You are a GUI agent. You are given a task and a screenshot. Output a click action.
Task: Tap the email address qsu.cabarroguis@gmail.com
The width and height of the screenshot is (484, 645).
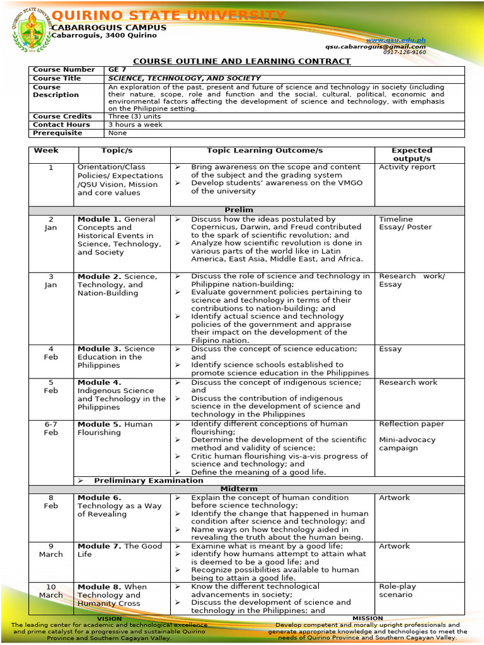[x=376, y=47]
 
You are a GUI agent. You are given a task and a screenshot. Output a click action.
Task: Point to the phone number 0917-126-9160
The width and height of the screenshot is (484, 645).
[x=404, y=52]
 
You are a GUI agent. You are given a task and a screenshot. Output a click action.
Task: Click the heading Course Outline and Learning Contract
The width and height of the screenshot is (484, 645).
[x=241, y=61]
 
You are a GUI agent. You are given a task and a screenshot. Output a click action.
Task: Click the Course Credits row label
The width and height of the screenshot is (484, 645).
[x=62, y=117]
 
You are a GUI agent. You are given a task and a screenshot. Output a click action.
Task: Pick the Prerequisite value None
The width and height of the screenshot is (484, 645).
[x=118, y=133]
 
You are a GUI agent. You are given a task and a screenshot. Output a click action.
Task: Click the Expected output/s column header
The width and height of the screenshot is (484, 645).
[x=412, y=155]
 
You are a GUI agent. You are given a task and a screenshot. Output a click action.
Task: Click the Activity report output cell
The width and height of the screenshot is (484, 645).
[x=406, y=167]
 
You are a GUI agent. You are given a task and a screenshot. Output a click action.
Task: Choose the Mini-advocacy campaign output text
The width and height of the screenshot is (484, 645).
[x=406, y=444]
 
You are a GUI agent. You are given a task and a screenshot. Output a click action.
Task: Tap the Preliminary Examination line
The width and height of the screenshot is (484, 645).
[x=149, y=481]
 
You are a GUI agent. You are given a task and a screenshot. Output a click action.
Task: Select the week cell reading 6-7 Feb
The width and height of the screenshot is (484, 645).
[x=51, y=428]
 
